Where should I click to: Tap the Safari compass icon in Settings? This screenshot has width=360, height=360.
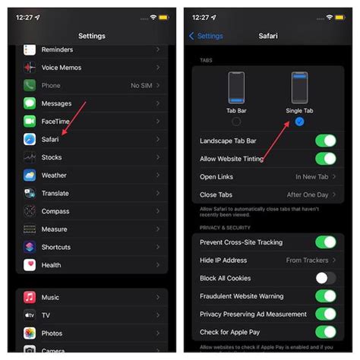30,140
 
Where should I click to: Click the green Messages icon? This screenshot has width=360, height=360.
30,103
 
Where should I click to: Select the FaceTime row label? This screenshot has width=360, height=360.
56,122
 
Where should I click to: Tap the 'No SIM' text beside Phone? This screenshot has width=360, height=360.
140,86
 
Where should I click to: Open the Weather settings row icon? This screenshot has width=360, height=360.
30,175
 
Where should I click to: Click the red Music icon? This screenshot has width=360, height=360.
30,297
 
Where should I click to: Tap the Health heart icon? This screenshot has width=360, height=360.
30,265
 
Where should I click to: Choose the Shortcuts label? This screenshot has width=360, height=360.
57,247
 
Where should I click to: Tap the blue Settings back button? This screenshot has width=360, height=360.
207,36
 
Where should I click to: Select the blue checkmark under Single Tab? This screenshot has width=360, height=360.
299,122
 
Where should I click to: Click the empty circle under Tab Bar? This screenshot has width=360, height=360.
236,122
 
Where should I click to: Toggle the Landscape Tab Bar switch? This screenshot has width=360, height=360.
325,141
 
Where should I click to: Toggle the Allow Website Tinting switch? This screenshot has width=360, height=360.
325,159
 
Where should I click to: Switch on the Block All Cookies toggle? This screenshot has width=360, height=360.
325,278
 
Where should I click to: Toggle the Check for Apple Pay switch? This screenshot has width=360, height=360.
325,332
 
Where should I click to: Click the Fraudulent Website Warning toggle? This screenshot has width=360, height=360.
325,296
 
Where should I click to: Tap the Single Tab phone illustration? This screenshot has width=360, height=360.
299,88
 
